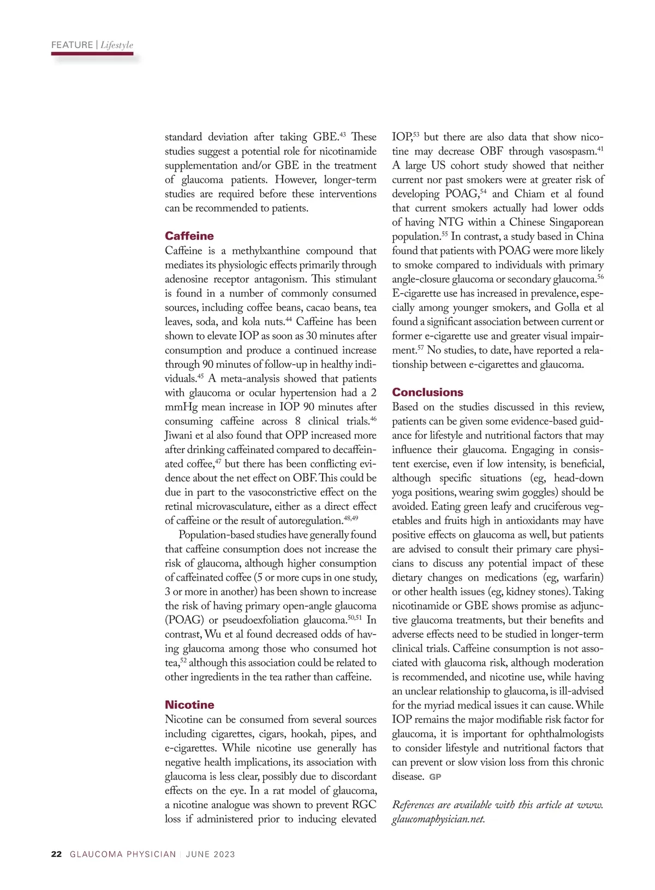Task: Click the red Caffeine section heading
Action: coord(189,236)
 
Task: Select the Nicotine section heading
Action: coord(189,704)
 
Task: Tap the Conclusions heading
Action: coord(427,392)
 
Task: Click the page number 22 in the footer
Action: coord(56,854)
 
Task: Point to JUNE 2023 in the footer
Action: coord(210,854)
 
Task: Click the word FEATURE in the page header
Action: coord(72,45)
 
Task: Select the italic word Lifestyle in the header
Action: coord(117,45)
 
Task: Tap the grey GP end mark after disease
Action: coord(435,776)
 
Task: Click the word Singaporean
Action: coord(576,222)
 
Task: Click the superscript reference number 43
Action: coord(343,134)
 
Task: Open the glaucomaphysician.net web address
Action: coord(438,819)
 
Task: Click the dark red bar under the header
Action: coord(92,54)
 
